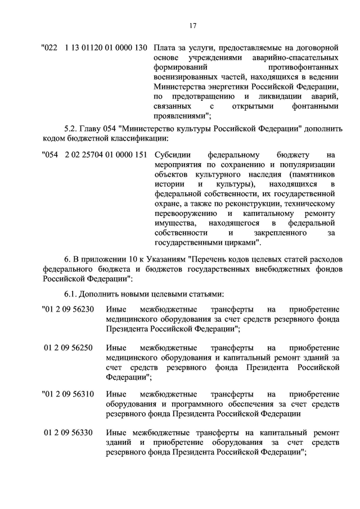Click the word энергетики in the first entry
pyautogui.click(x=231, y=87)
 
